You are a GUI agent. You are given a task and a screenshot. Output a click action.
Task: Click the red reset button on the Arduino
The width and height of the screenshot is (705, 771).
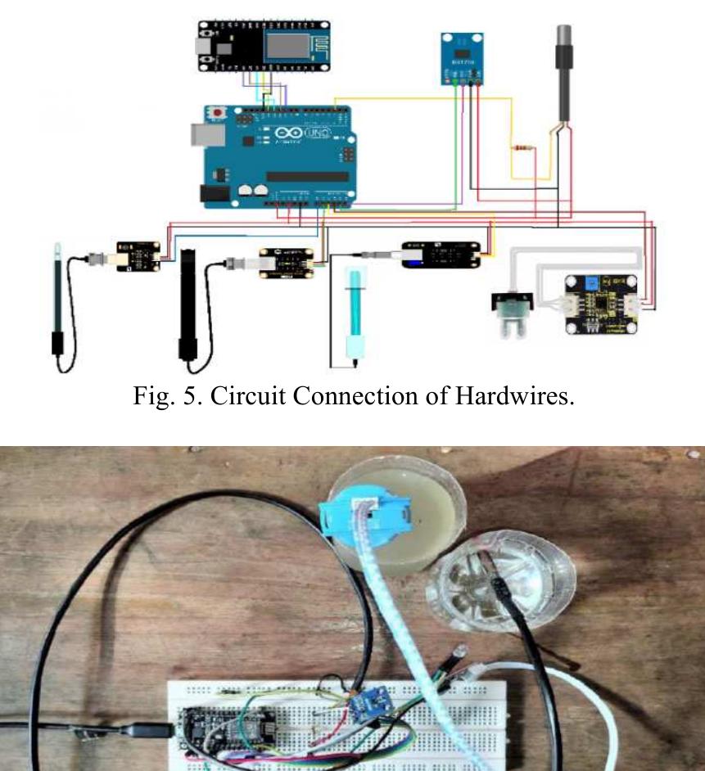click(x=218, y=111)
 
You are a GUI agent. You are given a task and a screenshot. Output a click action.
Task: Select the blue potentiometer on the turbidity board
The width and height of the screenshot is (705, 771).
click(x=589, y=284)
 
